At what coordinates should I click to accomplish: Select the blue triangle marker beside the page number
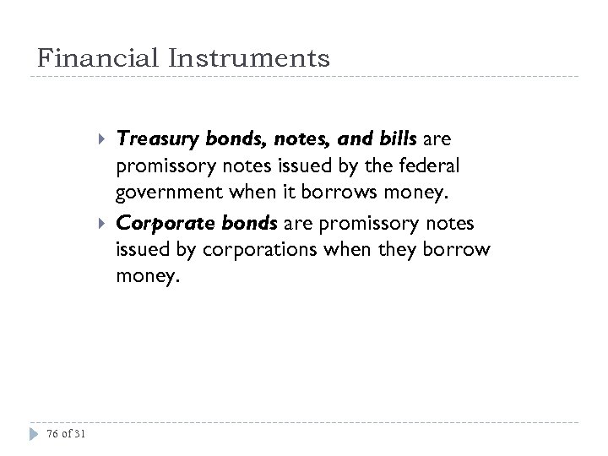point(33,434)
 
